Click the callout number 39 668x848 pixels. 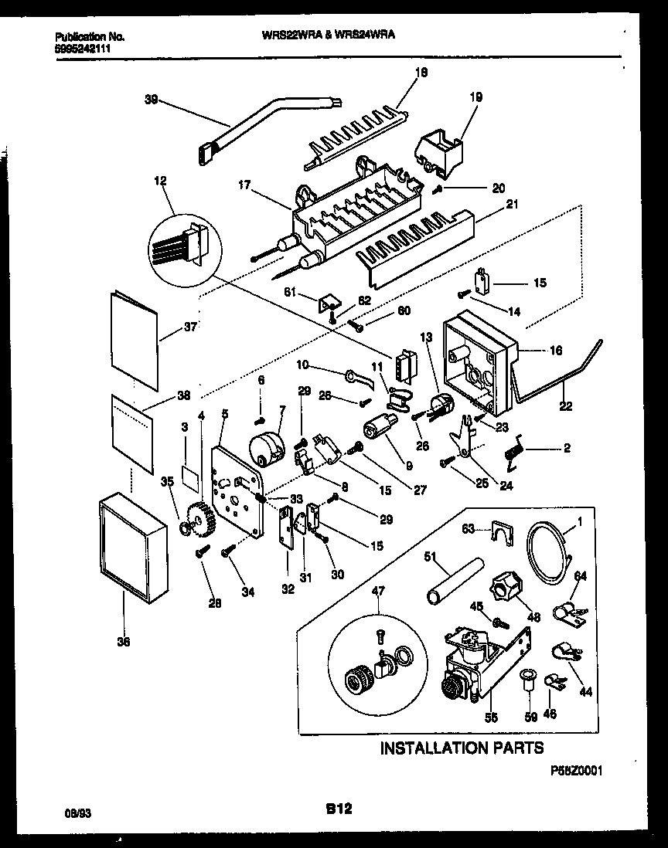point(152,99)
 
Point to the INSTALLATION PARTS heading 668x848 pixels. point(461,748)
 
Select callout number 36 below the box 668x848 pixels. point(124,641)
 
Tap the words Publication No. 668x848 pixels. point(90,36)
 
